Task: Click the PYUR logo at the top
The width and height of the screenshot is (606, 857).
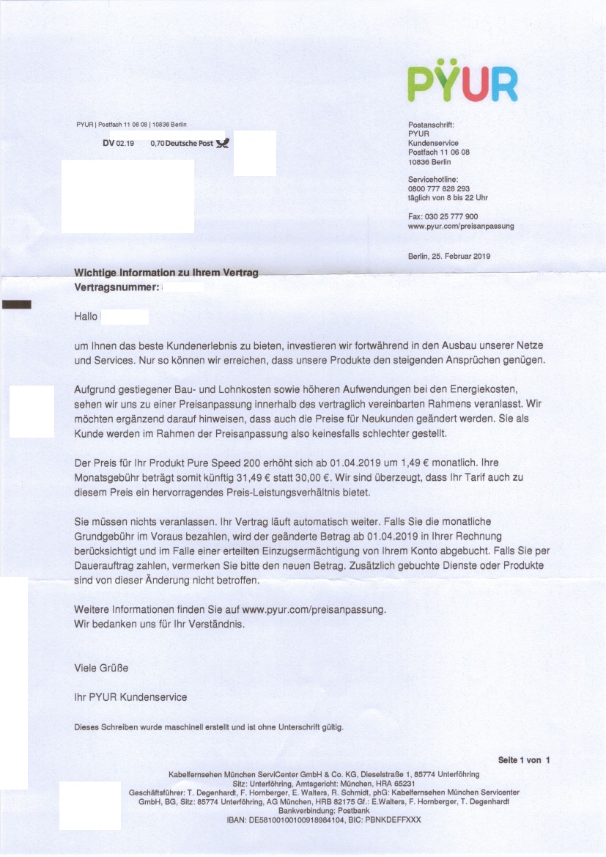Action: (462, 82)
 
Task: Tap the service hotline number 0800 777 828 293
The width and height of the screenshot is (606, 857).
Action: (438, 188)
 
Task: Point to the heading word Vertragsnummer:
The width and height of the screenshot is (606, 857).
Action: (117, 288)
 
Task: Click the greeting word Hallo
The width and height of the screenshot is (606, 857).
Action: (86, 317)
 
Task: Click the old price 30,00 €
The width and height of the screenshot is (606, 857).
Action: (298, 479)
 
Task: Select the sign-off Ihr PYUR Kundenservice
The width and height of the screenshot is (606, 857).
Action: (130, 696)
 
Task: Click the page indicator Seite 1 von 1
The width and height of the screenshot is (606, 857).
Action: (523, 760)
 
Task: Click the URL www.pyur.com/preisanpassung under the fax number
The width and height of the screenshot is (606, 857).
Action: (460, 227)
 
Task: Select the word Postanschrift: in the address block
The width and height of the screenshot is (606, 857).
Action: (431, 125)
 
